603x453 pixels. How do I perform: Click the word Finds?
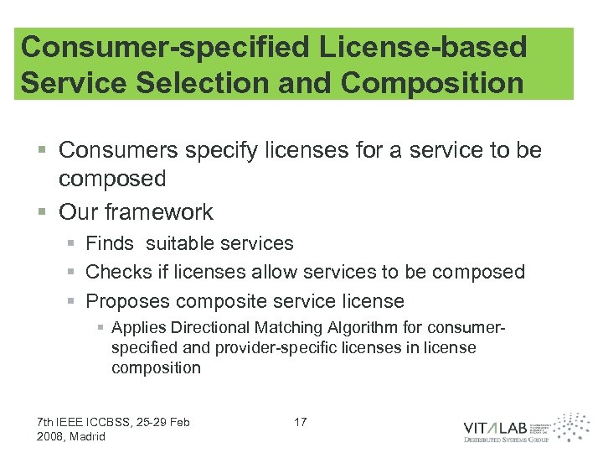110,243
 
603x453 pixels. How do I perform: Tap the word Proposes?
127,300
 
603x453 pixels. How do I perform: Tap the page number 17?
301,422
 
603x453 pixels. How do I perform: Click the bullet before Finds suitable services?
73,244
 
